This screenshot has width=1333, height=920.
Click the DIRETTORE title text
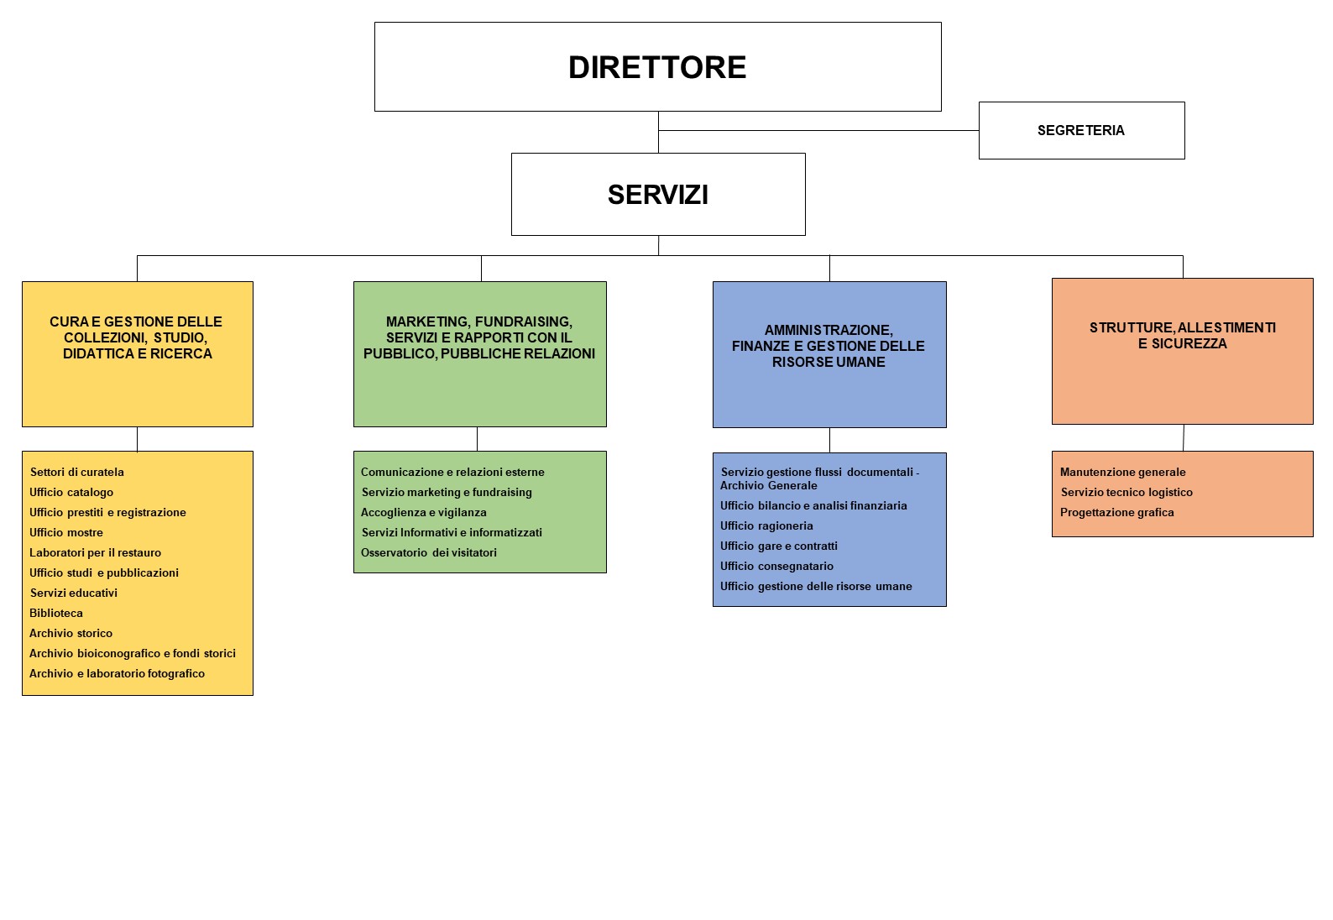[657, 67]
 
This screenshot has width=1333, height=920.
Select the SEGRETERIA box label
[1080, 130]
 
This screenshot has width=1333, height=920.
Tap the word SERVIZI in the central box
[657, 195]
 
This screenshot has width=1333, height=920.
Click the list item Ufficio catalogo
[71, 492]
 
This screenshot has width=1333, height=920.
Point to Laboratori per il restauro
[95, 552]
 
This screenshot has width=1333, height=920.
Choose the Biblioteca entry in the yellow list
[56, 613]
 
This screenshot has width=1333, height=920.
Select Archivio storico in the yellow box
[71, 633]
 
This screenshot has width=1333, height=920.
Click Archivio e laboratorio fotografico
[117, 674]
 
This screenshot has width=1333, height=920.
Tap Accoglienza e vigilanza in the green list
[424, 512]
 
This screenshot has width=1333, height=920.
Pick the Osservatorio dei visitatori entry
[428, 552]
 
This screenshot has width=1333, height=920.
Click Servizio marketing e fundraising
[447, 492]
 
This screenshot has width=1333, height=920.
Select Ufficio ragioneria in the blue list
[766, 526]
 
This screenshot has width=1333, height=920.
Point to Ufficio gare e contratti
[778, 546]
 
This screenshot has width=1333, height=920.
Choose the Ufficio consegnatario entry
[776, 566]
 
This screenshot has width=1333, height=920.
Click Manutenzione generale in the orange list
[1122, 472]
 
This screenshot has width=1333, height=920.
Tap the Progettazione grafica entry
[1116, 512]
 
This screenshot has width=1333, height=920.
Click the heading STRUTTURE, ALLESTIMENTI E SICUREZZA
[1182, 336]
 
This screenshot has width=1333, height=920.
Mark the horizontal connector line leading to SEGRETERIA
[818, 130]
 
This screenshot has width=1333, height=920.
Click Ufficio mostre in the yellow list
[66, 532]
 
